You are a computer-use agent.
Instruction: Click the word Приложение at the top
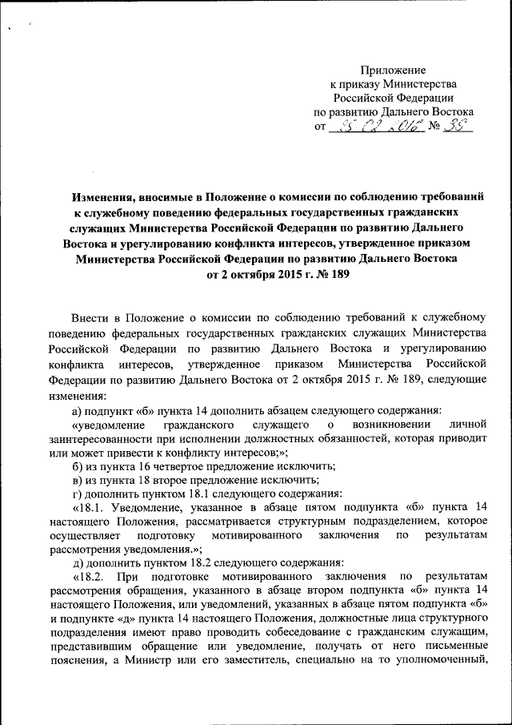(x=393, y=70)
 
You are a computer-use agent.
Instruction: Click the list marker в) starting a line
(x=78, y=480)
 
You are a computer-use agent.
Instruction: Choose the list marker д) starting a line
(x=78, y=562)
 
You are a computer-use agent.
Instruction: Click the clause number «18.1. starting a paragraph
(x=90, y=508)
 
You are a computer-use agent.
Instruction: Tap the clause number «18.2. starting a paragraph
(x=90, y=576)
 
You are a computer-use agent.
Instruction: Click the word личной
(x=469, y=422)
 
